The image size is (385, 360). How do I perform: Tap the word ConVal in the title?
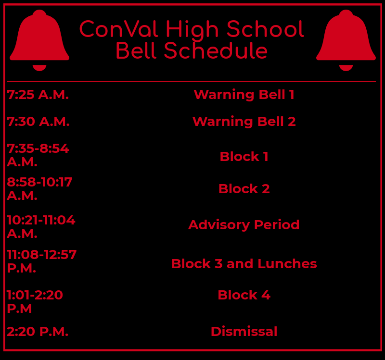tap(118, 29)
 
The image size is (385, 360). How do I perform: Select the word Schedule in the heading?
tap(216, 50)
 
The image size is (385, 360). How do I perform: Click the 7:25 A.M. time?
tap(38, 95)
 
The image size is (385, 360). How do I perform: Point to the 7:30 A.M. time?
tap(38, 122)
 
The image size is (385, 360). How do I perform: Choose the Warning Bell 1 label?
tap(244, 95)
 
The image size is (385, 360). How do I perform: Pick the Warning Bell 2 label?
tap(244, 122)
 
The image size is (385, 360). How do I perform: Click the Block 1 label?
tap(244, 157)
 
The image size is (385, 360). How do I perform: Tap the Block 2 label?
tap(244, 189)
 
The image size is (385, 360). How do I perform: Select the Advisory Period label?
tap(244, 225)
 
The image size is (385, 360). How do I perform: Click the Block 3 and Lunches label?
tap(244, 264)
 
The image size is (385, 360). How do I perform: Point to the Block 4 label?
tap(244, 295)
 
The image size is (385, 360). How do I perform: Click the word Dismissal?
tap(244, 332)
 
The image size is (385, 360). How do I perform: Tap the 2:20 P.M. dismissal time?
tap(38, 332)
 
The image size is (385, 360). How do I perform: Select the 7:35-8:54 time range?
tap(38, 149)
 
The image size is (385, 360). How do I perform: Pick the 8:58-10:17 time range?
tap(39, 182)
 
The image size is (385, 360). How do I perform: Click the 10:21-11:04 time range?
tap(41, 220)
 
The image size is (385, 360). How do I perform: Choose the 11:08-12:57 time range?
tap(42, 255)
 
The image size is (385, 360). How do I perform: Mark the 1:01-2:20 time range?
tap(35, 295)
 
